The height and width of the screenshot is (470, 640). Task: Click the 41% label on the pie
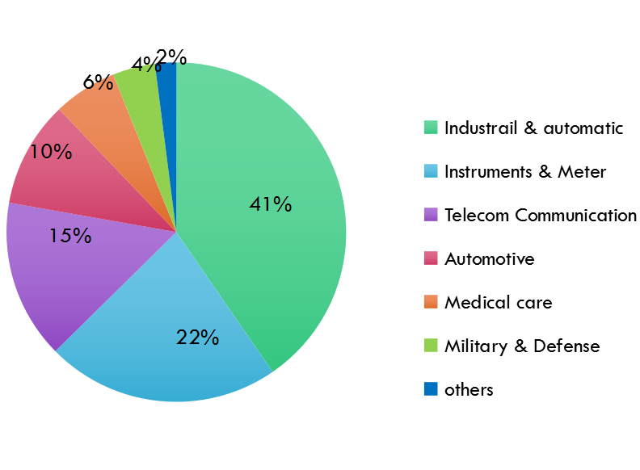coord(271,204)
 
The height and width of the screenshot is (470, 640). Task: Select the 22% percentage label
coord(197,338)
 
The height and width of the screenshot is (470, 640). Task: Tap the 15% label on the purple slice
coord(70,236)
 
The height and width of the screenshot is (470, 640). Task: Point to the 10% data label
coord(51,152)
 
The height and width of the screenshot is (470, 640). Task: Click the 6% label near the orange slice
coord(98,82)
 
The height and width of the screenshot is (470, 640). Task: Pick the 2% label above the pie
coord(171,57)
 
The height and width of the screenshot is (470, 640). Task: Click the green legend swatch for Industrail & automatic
coord(431,128)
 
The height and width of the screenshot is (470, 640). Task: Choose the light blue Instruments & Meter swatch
coord(431,171)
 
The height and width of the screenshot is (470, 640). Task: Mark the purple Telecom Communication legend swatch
coord(431,215)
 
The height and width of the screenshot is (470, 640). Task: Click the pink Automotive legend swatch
coord(431,258)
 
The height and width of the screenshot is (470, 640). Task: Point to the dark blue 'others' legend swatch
coord(431,388)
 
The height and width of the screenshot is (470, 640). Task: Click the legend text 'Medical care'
coord(499,302)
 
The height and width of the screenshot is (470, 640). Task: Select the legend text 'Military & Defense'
coord(523,346)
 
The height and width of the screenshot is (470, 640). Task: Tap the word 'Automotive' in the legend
coord(490,259)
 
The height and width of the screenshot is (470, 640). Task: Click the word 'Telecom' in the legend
coord(477,215)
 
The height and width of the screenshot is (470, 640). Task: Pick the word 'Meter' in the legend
coord(582,172)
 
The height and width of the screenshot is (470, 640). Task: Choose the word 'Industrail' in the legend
coord(481,128)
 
